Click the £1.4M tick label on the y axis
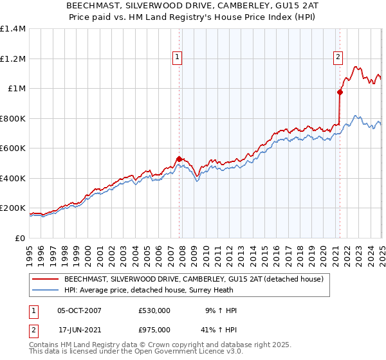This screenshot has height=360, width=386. [x=13, y=29]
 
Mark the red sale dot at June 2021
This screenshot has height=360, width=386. [x=339, y=93]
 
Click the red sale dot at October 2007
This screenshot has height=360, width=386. [x=179, y=159]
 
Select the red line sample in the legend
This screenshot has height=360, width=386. [x=45, y=279]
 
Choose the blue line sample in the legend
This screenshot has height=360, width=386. [x=45, y=290]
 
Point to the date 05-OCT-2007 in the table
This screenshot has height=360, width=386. [x=80, y=310]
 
